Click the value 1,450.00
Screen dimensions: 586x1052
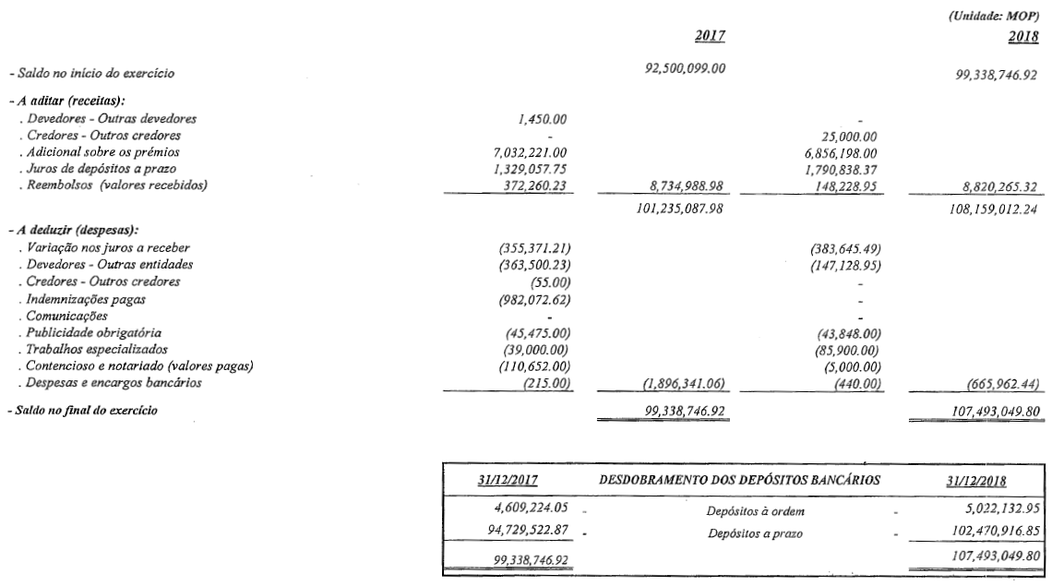pos(544,119)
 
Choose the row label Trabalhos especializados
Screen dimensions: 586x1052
pos(90,349)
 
